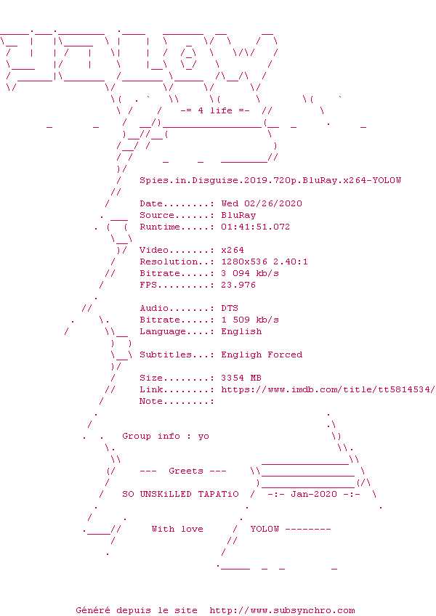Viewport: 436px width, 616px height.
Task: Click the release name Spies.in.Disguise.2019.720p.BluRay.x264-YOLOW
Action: click(270, 180)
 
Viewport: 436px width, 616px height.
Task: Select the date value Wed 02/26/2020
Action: click(262, 203)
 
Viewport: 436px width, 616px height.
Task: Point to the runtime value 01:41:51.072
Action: click(256, 227)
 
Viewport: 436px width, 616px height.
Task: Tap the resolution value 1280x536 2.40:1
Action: click(265, 262)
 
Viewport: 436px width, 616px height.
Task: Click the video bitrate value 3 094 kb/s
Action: click(250, 273)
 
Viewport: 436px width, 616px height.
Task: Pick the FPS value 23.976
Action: click(238, 285)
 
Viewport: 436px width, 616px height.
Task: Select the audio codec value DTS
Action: click(230, 308)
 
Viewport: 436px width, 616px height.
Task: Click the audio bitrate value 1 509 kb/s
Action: click(250, 320)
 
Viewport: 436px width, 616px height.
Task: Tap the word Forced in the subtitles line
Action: click(285, 354)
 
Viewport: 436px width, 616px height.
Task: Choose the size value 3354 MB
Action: click(241, 378)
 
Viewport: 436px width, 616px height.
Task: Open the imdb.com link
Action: click(328, 389)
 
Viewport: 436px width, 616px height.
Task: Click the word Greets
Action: click(186, 471)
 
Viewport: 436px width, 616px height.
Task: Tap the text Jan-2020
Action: click(314, 494)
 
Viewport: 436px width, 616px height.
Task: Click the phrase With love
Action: click(177, 529)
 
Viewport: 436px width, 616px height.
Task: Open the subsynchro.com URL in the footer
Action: click(282, 610)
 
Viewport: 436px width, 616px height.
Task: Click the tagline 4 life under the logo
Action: click(215, 110)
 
